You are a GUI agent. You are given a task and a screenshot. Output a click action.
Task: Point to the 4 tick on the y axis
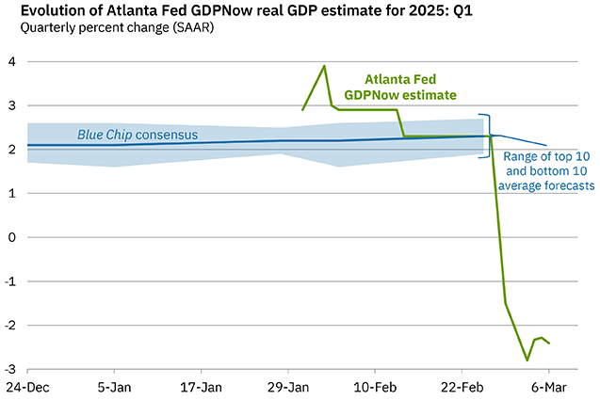coord(10,62)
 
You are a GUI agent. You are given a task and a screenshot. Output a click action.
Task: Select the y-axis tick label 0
coord(10,237)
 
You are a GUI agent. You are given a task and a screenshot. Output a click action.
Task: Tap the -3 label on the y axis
coord(8,369)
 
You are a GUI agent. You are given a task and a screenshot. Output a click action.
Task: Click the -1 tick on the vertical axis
coord(8,281)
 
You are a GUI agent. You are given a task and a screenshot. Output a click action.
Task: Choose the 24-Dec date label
coord(28,387)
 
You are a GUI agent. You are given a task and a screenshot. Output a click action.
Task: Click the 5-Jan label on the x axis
coord(114,387)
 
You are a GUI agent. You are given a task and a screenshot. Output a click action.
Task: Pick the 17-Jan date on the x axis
coord(201,387)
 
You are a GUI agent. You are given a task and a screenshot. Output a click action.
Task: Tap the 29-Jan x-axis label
coord(288,387)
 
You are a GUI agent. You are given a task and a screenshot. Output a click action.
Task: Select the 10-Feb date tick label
coord(375,387)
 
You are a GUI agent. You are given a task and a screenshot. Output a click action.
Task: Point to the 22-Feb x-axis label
coord(462,387)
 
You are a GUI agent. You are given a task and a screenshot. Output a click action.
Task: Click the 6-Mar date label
coord(548,387)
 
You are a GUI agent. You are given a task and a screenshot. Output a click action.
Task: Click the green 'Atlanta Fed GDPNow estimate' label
coord(413,88)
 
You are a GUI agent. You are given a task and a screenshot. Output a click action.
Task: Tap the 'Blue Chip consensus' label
coord(138,135)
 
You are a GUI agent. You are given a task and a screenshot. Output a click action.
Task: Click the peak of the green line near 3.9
coord(324,66)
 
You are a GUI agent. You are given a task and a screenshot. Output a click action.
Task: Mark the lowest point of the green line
coord(527,360)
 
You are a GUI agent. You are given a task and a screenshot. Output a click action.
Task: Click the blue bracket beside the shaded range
coord(488,136)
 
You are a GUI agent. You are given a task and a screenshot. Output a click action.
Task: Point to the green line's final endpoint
coord(549,343)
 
